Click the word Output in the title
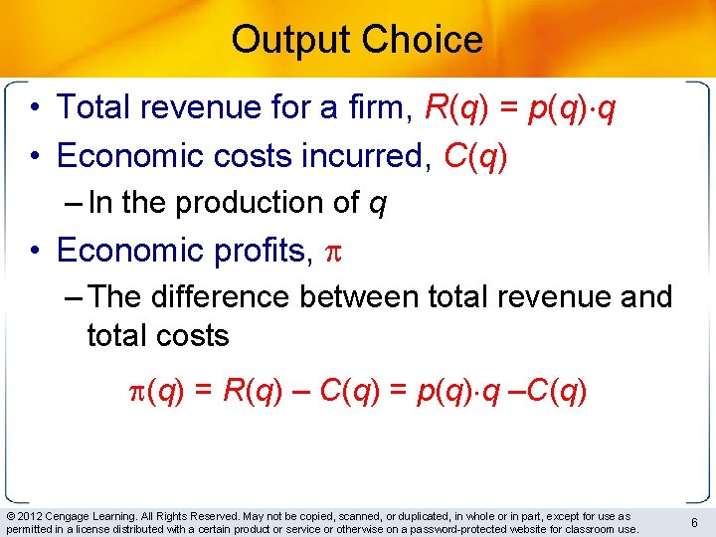290,40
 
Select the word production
263,203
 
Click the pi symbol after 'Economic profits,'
333,252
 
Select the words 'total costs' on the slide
158,336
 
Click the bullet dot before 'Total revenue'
35,107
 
